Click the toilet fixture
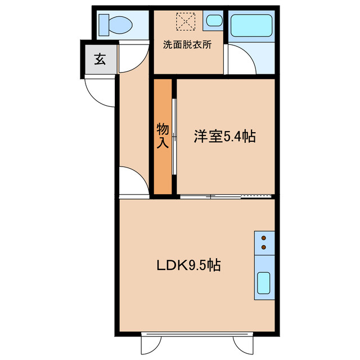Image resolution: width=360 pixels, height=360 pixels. tap(115, 24)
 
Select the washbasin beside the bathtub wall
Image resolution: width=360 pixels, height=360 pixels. tap(213, 22)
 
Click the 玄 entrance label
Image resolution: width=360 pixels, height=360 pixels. tap(100, 58)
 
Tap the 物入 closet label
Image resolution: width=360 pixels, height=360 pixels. tap(162, 136)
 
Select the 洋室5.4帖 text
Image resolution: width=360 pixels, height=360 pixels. tap(225, 136)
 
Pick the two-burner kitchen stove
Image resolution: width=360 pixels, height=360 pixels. tap(264, 241)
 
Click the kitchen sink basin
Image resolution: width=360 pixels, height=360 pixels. tap(264, 283)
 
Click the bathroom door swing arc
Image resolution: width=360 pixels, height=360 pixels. tap(239, 59)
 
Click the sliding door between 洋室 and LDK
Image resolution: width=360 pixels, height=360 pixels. tap(226, 196)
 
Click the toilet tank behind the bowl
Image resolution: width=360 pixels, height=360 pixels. tap(102, 24)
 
